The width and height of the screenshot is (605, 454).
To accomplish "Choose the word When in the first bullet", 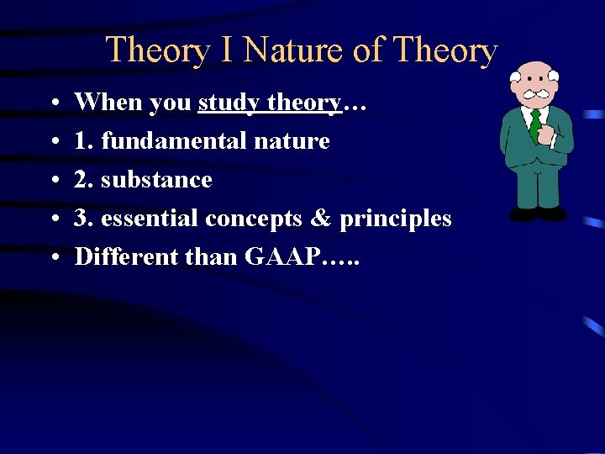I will (108, 103).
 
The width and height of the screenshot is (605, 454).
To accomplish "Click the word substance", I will (156, 180).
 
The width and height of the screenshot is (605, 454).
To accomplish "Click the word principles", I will (395, 219).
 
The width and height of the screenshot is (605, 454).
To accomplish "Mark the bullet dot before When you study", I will (53, 103).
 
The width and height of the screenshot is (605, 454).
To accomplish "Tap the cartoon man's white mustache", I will (535, 93).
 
